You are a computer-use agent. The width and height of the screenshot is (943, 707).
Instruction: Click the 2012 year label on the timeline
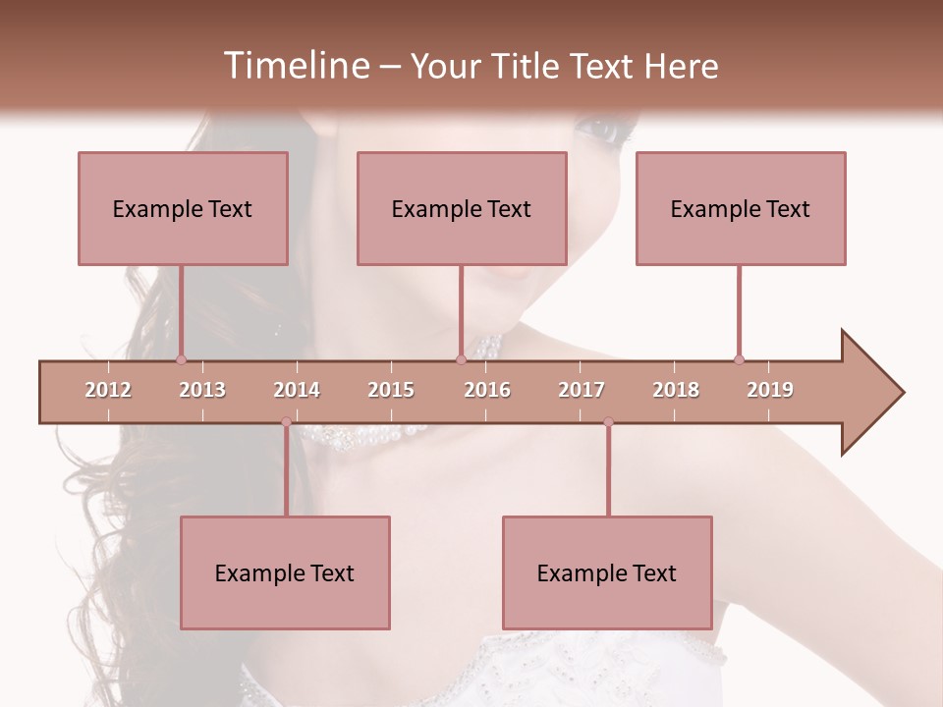pyautogui.click(x=108, y=390)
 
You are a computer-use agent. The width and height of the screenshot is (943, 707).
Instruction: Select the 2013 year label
pyautogui.click(x=202, y=390)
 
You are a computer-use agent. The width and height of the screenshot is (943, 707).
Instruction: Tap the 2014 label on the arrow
pyautogui.click(x=297, y=390)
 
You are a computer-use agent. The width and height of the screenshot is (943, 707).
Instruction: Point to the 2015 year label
pyautogui.click(x=391, y=390)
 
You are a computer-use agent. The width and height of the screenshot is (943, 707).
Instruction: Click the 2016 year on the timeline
pyautogui.click(x=487, y=390)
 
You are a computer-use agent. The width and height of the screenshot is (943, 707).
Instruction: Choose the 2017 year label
pyautogui.click(x=582, y=390)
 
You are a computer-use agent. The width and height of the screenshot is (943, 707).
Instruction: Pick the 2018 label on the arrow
pyautogui.click(x=676, y=390)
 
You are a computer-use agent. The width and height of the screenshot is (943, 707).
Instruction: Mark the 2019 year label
pyautogui.click(x=770, y=390)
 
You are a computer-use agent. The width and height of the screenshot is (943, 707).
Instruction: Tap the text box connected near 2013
pyautogui.click(x=183, y=208)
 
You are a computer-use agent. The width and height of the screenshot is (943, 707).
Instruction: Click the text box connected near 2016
pyautogui.click(x=462, y=208)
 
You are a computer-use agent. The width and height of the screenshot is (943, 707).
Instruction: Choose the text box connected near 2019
pyautogui.click(x=741, y=208)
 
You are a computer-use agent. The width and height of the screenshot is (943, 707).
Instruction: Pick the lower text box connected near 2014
pyautogui.click(x=285, y=572)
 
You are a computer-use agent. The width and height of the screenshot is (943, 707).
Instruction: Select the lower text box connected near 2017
pyautogui.click(x=607, y=572)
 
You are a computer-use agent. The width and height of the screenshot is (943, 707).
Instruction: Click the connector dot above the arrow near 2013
pyautogui.click(x=181, y=359)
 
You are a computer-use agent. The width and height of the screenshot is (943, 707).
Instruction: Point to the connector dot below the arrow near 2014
pyautogui.click(x=286, y=422)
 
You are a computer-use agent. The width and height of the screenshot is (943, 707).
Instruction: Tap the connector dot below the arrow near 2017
pyautogui.click(x=608, y=422)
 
